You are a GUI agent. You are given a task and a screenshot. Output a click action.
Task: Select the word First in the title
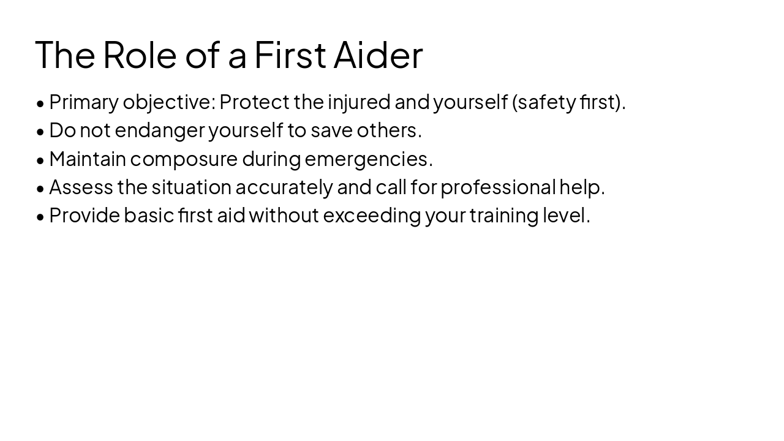click(290, 55)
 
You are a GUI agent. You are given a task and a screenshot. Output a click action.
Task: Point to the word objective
click(167, 102)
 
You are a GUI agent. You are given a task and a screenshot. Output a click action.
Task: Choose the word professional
click(497, 187)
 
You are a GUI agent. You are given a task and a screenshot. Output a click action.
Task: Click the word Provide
click(84, 215)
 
